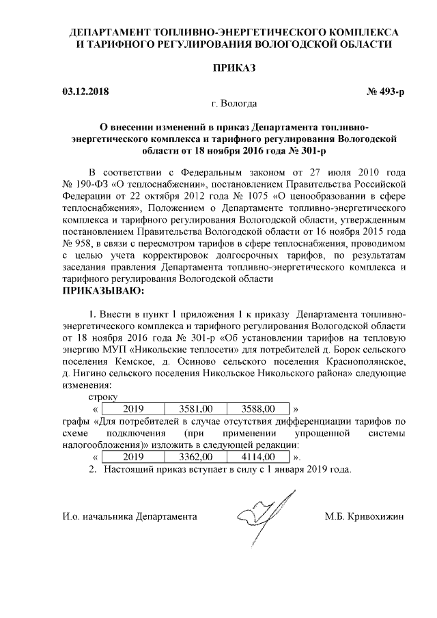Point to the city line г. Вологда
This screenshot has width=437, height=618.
click(234, 104)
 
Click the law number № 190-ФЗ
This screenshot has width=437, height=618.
click(87, 184)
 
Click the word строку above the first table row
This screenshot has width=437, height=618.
click(103, 397)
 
